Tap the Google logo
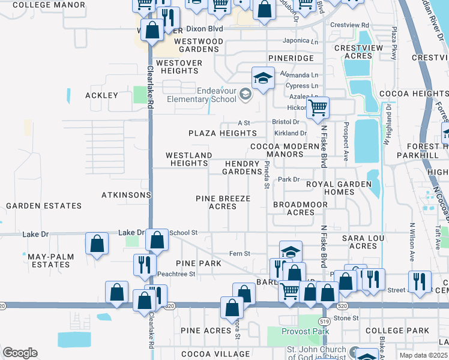coord(20,353)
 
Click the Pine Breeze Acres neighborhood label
coord(222,202)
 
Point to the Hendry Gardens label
coord(242,167)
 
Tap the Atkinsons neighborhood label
coord(126,195)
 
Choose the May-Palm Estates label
coord(51,260)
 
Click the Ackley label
coord(102,95)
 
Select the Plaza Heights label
coord(223,133)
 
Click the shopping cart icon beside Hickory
coord(318,108)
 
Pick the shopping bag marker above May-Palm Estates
coord(97,244)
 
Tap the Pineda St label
coord(266,177)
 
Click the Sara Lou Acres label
coord(363,242)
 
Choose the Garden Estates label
coord(44,206)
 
